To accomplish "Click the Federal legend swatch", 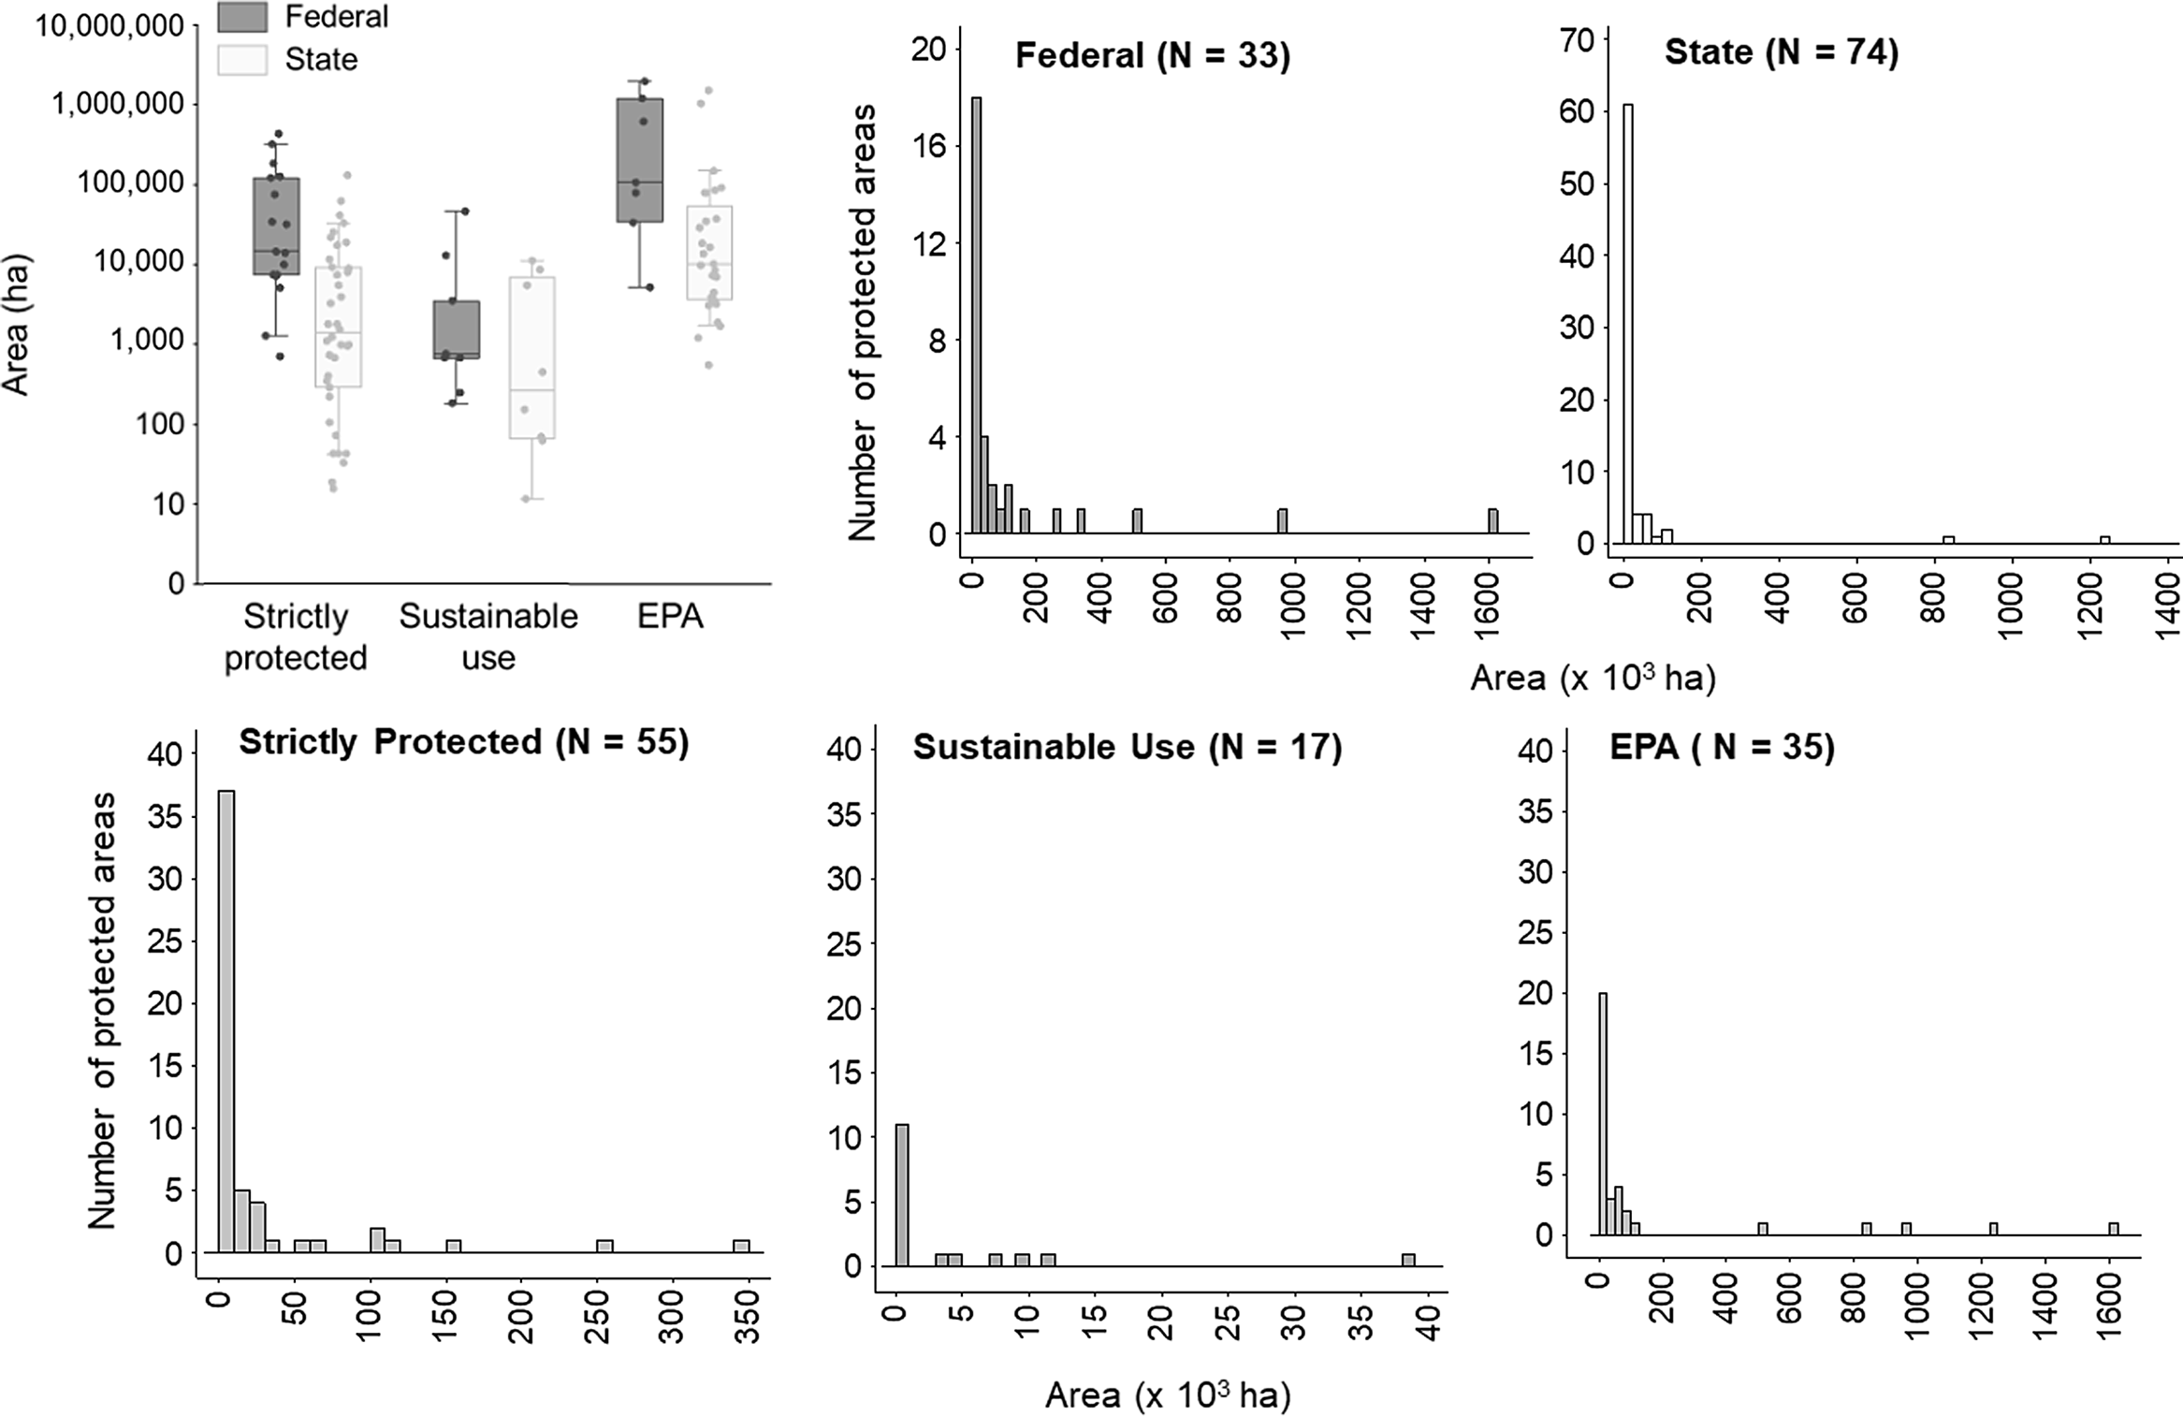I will pos(242,16).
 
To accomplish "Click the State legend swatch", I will pos(242,59).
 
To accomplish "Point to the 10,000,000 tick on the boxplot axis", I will pos(109,26).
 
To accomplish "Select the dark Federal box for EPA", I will pos(640,160).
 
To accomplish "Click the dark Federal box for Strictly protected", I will pos(276,226).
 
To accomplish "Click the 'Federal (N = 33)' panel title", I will pos(1152,55).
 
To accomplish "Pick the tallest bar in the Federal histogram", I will pos(976,314).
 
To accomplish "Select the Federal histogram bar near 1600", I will pos(1492,521).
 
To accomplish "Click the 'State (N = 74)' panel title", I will pos(1781,51).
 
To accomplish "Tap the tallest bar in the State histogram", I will pos(1628,323).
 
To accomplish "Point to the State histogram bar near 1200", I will pos(2105,539).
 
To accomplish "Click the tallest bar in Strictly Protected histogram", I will pos(226,1021).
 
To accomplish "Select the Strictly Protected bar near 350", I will pos(741,1246).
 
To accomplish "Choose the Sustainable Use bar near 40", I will pos(1408,1260).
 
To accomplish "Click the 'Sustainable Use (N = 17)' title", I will pos(1127,747).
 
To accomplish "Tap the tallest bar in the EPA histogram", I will pos(1603,1114).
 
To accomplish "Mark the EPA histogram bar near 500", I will pos(1763,1229).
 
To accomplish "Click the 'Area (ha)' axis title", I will pos(16,325).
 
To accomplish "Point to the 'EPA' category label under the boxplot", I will pos(670,616).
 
